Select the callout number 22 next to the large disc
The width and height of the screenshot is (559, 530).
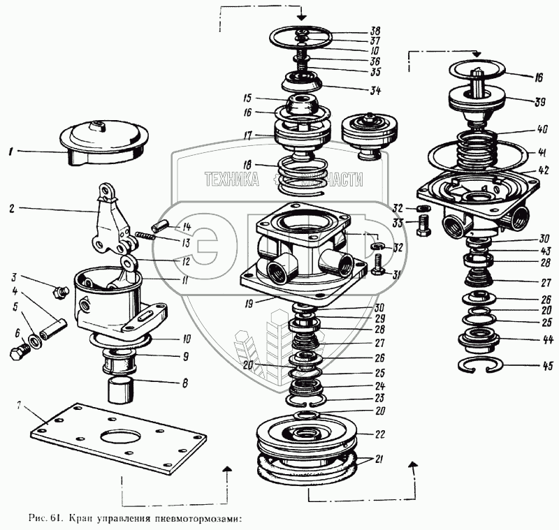point(379,434)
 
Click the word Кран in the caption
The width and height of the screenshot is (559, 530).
point(78,519)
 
